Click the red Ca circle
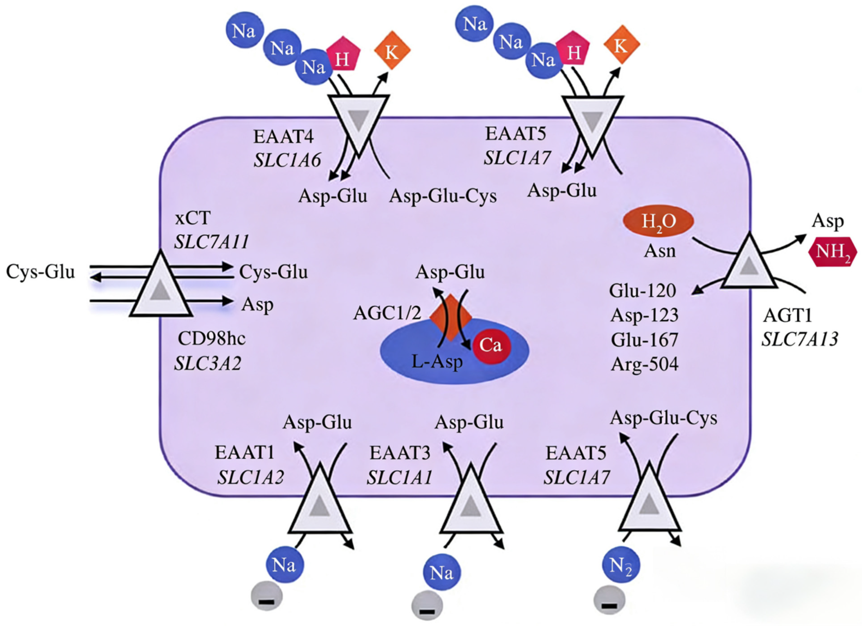491,345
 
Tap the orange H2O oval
658,221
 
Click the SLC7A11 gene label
212,242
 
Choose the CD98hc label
212,339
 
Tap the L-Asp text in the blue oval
437,362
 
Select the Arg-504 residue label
645,364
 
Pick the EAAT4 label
284,137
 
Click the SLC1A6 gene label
287,160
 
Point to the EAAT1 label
245,452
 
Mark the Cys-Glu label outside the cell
41,272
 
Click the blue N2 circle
621,565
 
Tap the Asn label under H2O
660,251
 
